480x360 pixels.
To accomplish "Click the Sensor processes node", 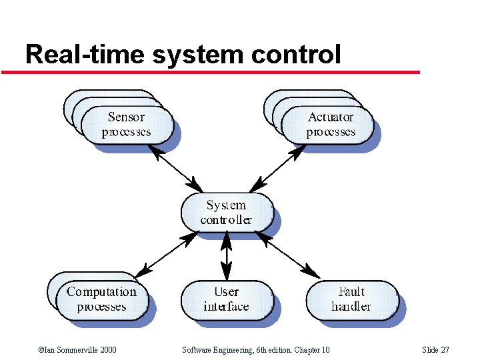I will tap(127, 125).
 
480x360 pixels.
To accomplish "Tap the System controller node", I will tap(227, 213).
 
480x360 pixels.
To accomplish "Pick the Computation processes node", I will tap(101, 299).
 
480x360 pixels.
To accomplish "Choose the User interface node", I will tap(227, 299).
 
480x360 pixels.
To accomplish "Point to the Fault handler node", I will tap(351, 299).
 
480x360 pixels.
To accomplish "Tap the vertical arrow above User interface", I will tap(227, 255).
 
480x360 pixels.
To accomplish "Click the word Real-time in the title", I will tap(75, 54).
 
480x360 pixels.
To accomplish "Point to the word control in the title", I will tap(297, 54).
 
